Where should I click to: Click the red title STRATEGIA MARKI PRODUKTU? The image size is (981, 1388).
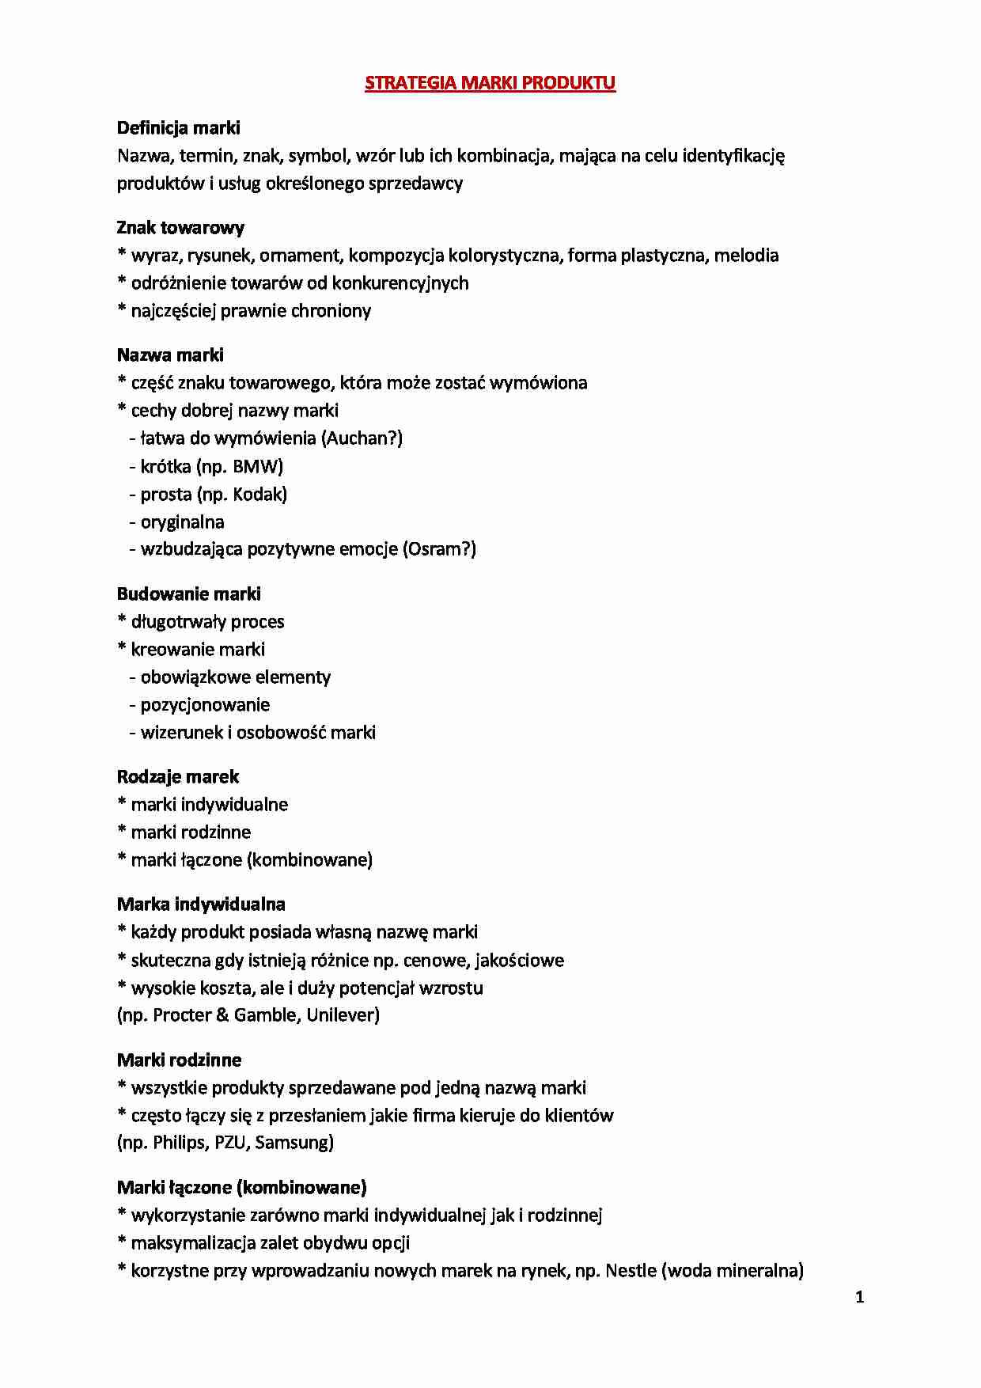tap(490, 83)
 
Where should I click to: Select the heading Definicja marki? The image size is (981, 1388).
tap(178, 128)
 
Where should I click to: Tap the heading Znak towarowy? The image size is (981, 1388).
tap(180, 228)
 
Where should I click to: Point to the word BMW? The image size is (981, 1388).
tap(256, 466)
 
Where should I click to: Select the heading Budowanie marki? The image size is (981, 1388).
tap(188, 594)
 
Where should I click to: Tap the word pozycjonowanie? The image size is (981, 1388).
tap(205, 705)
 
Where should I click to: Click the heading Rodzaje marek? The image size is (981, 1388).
tap(177, 777)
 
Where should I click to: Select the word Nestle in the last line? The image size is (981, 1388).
tap(631, 1271)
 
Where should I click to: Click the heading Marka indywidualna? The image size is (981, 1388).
tap(201, 904)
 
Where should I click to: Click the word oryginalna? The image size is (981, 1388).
tap(182, 522)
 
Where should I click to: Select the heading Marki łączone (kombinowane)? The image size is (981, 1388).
tap(241, 1188)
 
